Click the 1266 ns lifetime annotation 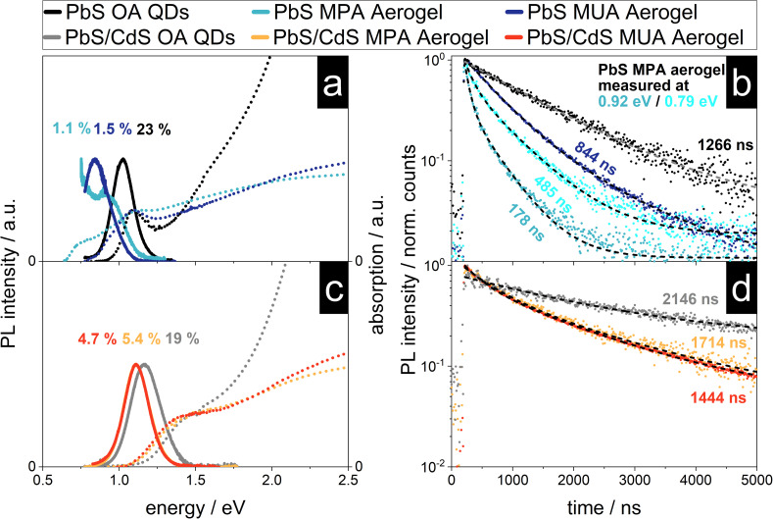pyautogui.click(x=725, y=145)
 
